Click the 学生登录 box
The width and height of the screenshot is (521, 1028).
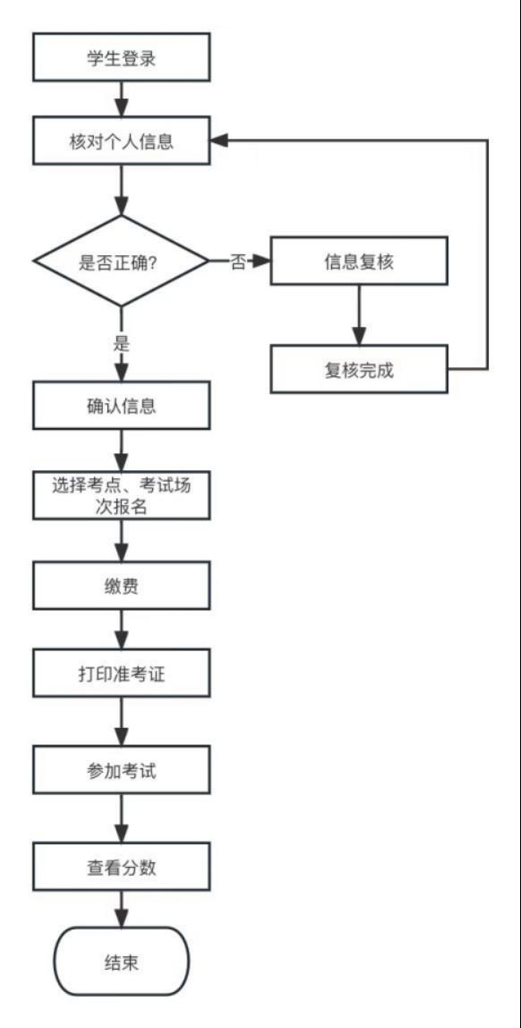tap(121, 58)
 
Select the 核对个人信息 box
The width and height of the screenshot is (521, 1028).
tap(121, 141)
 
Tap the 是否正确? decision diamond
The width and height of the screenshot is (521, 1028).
tap(121, 261)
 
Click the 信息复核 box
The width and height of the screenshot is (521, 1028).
tap(359, 261)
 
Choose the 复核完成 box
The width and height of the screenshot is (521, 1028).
tap(359, 369)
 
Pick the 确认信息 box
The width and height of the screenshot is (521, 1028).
tap(121, 406)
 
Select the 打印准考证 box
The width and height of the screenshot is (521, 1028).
tap(121, 673)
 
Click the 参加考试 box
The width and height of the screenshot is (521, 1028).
tap(121, 770)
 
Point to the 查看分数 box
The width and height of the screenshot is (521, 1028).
tap(121, 868)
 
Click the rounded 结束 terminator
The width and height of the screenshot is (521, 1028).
tap(121, 961)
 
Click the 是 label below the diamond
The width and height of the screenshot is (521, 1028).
tap(121, 344)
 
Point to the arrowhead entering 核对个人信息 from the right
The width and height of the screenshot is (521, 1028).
tap(219, 141)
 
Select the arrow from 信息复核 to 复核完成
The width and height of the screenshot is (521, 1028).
tap(359, 315)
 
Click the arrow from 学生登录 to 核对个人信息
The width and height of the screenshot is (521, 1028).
tap(121, 99)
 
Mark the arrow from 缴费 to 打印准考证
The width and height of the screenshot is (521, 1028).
tap(121, 630)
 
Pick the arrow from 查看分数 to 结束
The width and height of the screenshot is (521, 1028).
tap(121, 909)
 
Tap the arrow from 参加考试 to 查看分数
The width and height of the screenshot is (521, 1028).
tap(121, 818)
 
